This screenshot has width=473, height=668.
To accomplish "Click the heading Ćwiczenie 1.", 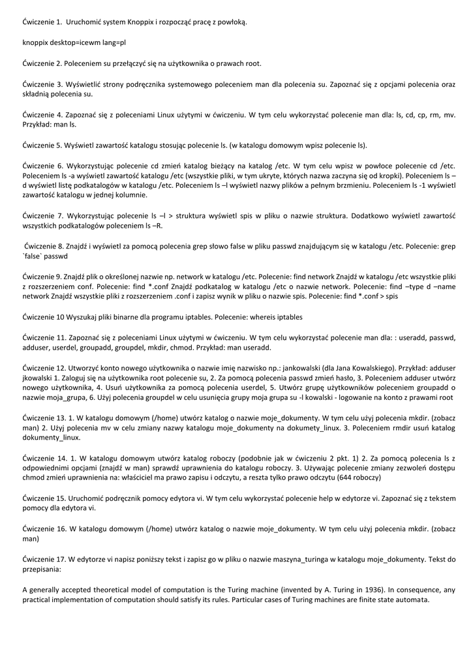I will [42, 22].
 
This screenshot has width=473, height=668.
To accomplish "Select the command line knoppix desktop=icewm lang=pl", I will [74, 42].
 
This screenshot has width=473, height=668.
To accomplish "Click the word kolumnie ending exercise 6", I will [132, 195].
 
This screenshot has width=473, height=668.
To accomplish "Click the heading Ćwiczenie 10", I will [44, 317].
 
